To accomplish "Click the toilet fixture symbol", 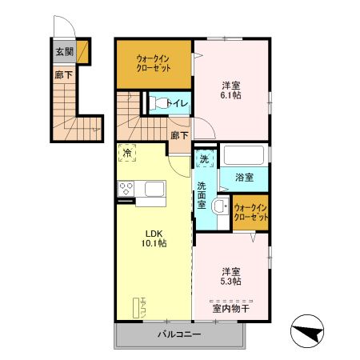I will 158,103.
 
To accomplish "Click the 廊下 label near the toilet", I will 179,136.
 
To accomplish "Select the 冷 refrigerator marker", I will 127,152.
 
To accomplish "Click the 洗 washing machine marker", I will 205,158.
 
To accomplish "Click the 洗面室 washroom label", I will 202,195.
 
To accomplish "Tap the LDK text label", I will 155,234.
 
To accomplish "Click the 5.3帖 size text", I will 231,280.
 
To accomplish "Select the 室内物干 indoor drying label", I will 231,307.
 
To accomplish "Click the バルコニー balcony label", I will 179,334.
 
